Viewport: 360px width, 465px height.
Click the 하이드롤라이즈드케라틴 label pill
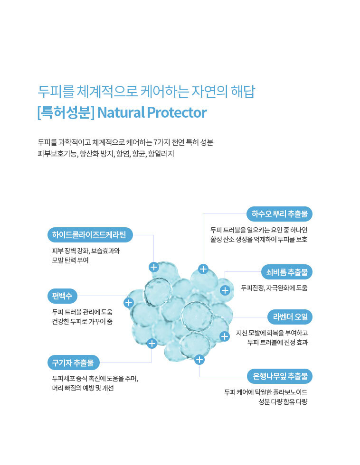coord(90,235)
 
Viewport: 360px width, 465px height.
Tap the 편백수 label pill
coord(62,296)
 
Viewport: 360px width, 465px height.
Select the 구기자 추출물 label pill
coord(73,363)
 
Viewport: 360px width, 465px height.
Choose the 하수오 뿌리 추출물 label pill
coord(280,214)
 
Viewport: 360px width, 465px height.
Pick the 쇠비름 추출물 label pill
coord(287,272)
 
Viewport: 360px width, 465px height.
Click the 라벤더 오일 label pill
coord(290,317)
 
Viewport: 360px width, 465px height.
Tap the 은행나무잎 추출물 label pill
coord(280,376)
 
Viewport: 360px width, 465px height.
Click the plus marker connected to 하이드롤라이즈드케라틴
coord(154,267)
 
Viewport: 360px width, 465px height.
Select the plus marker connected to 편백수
coord(129,303)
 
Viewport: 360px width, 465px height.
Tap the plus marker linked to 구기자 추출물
coord(152,344)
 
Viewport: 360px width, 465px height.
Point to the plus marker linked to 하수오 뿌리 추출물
coord(203,269)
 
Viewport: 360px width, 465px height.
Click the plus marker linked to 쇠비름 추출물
coord(225,290)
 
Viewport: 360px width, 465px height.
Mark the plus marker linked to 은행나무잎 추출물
coord(199,360)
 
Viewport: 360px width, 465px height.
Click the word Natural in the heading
coord(121,113)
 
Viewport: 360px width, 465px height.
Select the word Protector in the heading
coord(177,113)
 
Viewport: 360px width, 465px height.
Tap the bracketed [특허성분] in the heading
coord(66,113)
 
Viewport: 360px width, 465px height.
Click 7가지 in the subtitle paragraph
coord(162,142)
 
